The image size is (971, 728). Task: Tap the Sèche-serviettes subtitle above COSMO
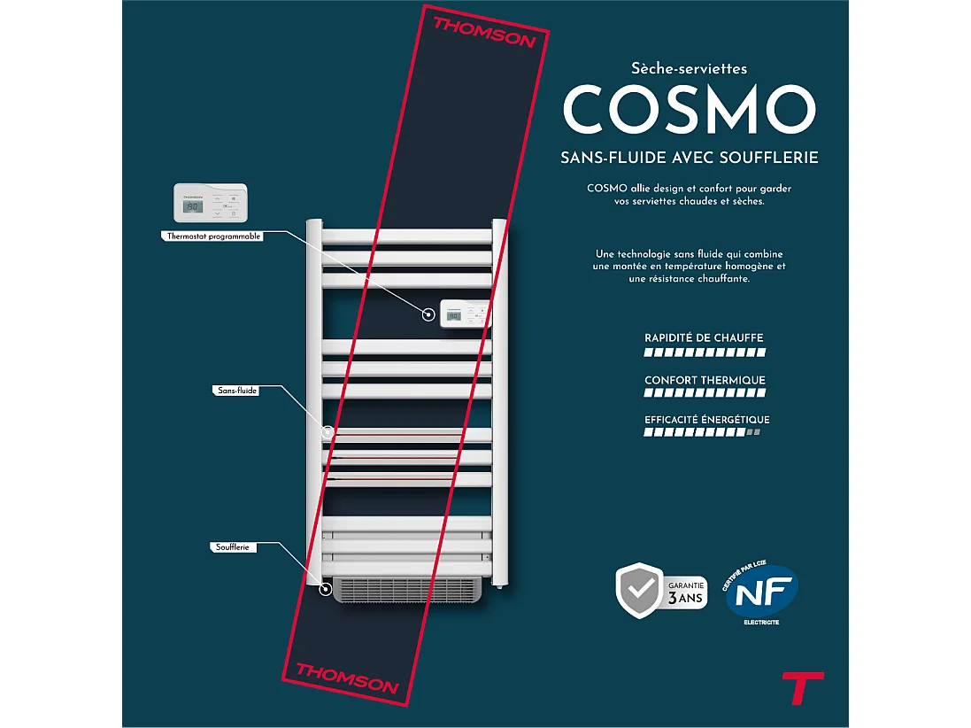coord(690,68)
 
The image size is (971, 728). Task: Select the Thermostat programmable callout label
coord(214,236)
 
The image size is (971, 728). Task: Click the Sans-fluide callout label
coord(236,390)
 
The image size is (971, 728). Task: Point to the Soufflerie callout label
coord(235,547)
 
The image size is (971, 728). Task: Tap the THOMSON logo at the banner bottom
coord(347,677)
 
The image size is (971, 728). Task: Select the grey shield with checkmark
coord(638,589)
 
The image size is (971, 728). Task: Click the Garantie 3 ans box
coord(686,591)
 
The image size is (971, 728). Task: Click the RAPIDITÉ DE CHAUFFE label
coord(704,338)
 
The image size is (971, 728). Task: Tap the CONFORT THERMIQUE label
coord(705,381)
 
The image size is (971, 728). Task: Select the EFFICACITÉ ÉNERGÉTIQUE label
coord(706,420)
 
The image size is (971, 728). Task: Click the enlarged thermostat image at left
coord(210,204)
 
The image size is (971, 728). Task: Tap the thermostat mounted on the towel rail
coord(465,314)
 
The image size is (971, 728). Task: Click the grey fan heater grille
coord(404,589)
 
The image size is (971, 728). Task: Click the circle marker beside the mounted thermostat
coord(429,314)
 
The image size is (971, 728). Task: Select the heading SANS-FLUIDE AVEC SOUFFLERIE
coord(690,158)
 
